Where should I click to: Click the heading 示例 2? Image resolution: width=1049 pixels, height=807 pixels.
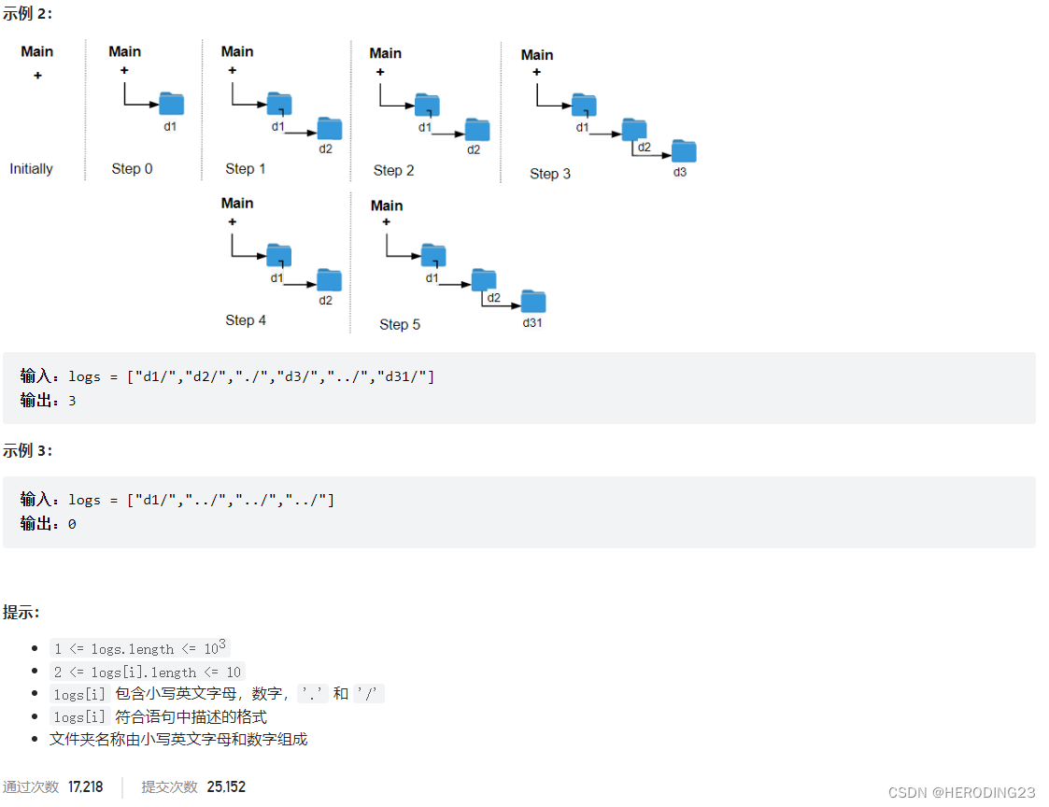click(x=28, y=14)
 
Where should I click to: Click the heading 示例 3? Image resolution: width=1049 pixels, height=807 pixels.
click(x=28, y=450)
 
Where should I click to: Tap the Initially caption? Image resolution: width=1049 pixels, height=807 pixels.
click(x=31, y=169)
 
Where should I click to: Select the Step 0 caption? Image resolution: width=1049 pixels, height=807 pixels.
click(x=132, y=169)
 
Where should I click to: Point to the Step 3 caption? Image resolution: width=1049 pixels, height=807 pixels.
click(x=550, y=174)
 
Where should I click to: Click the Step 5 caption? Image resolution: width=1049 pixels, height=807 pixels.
click(x=400, y=325)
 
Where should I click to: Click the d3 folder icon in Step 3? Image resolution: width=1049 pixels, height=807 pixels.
click(x=684, y=151)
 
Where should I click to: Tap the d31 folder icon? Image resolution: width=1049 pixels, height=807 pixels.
click(x=533, y=302)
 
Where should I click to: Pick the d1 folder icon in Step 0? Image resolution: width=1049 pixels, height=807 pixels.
click(x=172, y=104)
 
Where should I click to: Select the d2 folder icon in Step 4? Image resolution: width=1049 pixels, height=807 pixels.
click(x=329, y=280)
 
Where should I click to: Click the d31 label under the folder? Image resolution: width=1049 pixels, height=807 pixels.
click(x=532, y=323)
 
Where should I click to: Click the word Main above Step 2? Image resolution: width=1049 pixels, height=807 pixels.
click(x=385, y=53)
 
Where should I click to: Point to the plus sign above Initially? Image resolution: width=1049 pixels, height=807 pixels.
click(x=37, y=76)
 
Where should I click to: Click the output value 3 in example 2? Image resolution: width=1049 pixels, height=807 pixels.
click(x=72, y=401)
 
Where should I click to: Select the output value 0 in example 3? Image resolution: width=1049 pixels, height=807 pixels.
click(x=72, y=524)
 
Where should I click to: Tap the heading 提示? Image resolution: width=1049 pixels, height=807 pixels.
click(x=21, y=613)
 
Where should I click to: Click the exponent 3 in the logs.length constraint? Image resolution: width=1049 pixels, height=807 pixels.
click(x=222, y=644)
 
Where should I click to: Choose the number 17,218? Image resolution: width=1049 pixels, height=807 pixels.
click(x=86, y=786)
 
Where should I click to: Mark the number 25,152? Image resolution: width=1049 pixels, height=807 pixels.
click(x=226, y=786)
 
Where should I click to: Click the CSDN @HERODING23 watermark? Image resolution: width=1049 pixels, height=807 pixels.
click(x=961, y=792)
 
